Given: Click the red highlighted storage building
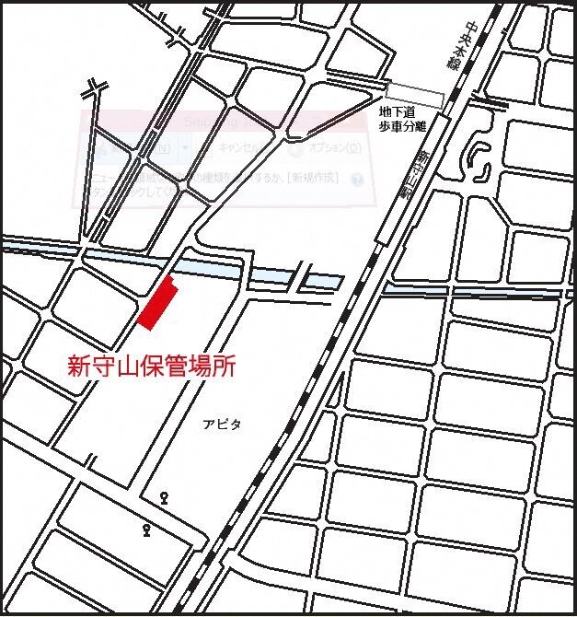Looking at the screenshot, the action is pyautogui.click(x=156, y=302).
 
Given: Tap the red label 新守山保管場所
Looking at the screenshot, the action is pyautogui.click(x=152, y=367).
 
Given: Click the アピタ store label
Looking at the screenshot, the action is pyautogui.click(x=222, y=425).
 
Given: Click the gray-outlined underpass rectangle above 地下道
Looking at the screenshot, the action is pyautogui.click(x=415, y=92).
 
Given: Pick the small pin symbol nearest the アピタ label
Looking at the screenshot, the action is pyautogui.click(x=165, y=498).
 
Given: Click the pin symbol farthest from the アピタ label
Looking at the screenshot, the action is pyautogui.click(x=147, y=530).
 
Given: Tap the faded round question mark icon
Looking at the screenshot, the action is pyautogui.click(x=354, y=180).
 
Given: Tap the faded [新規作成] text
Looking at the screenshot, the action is pyautogui.click(x=312, y=176).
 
